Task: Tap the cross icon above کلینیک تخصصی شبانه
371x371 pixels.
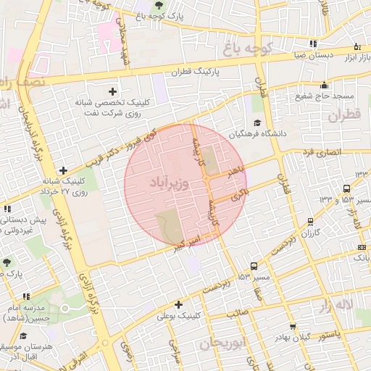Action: coord(112,91)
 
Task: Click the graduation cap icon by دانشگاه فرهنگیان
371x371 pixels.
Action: coord(257,122)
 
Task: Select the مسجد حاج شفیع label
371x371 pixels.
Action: coord(324,96)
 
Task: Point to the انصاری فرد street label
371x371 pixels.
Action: coord(323,152)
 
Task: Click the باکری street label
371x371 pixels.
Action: coord(239,193)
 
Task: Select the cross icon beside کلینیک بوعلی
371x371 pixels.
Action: coord(178,304)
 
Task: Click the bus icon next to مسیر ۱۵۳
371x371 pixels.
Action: coord(253,266)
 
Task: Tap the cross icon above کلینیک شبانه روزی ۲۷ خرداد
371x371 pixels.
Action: coord(64,170)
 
